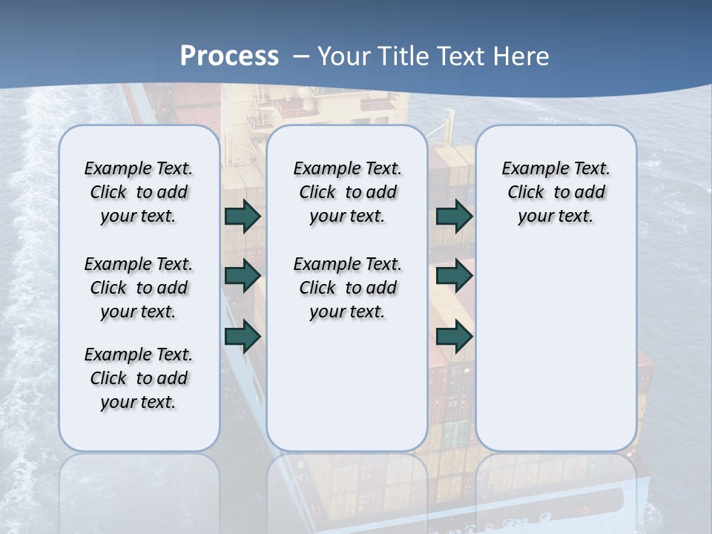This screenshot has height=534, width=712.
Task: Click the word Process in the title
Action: click(x=229, y=56)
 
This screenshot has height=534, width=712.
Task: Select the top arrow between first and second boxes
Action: click(x=243, y=216)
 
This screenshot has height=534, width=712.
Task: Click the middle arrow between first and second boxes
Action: click(x=243, y=277)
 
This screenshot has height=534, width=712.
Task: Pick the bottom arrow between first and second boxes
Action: click(x=243, y=336)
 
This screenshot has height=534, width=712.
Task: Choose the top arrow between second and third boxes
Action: click(x=454, y=216)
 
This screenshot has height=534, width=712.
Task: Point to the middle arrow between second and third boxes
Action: click(x=454, y=277)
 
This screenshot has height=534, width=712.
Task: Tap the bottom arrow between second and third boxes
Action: click(x=454, y=336)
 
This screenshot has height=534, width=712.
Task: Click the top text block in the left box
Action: click(x=139, y=192)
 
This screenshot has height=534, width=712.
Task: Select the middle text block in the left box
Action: click(x=139, y=288)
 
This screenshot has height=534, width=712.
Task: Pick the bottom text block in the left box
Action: click(x=139, y=378)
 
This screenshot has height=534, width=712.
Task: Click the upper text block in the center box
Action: click(x=347, y=192)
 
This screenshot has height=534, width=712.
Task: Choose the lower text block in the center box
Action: click(x=347, y=288)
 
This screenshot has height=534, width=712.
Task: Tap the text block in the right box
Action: click(x=556, y=192)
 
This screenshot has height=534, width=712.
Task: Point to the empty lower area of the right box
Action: click(x=556, y=341)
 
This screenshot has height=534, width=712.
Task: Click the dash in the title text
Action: click(x=301, y=56)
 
